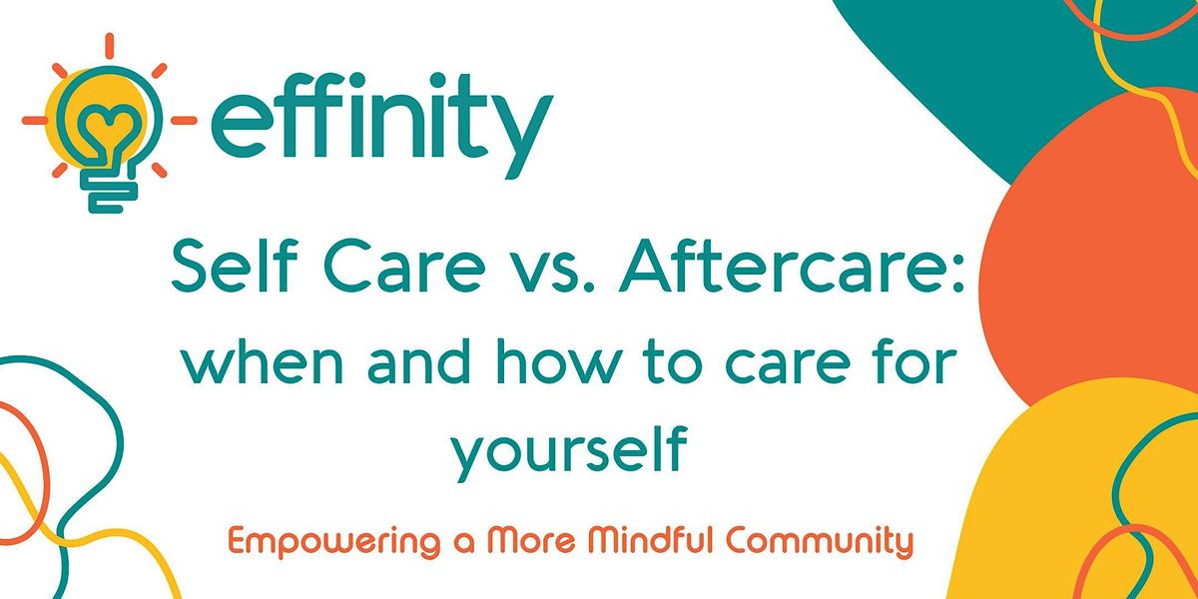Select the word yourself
[x=569, y=451]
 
